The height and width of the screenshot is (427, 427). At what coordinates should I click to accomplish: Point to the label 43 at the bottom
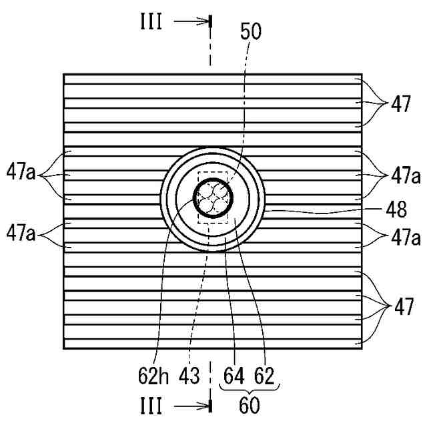click(189, 376)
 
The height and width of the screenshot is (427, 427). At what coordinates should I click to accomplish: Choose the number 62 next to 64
click(264, 376)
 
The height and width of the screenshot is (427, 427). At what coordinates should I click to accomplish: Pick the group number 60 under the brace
click(249, 404)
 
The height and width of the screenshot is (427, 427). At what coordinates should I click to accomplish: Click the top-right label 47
click(401, 104)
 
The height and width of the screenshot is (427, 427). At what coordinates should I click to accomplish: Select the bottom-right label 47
click(401, 308)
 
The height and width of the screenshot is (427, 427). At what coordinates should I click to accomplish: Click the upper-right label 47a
click(406, 176)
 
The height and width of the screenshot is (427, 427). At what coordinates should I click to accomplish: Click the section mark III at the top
click(151, 21)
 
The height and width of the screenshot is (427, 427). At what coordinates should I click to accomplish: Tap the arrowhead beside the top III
click(204, 21)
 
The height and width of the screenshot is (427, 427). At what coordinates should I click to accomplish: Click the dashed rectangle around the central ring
click(199, 200)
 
